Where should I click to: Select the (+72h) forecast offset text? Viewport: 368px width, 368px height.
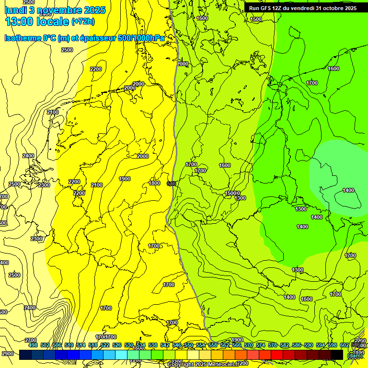click(x=83, y=22)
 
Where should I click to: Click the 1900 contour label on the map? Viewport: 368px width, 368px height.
click(x=125, y=179)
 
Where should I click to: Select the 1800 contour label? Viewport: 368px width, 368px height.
click(x=154, y=183)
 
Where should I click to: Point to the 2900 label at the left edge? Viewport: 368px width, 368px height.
click(x=7, y=354)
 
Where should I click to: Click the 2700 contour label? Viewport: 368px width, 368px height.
click(x=31, y=340)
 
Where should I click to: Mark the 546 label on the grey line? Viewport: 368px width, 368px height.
click(x=171, y=184)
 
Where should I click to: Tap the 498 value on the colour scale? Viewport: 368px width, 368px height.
click(x=33, y=345)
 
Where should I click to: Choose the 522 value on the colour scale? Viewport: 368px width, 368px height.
click(x=105, y=345)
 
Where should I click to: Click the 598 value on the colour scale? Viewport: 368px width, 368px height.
click(x=333, y=345)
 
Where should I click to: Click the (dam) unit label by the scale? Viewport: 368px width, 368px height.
click(x=355, y=356)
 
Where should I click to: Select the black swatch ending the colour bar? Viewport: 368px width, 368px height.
click(x=337, y=355)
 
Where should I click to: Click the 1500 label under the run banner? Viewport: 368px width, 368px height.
click(x=256, y=19)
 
